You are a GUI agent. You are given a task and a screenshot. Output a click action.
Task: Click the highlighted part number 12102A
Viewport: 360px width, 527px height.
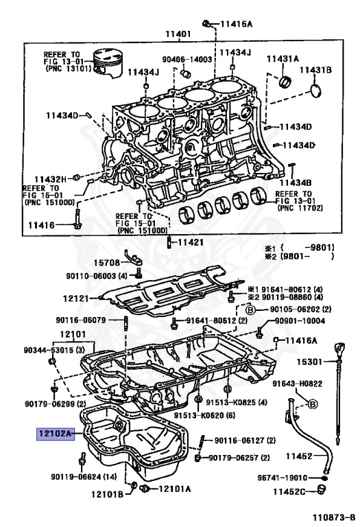tap(56, 434)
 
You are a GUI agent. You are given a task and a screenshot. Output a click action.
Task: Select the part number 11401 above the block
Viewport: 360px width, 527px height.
tap(178, 34)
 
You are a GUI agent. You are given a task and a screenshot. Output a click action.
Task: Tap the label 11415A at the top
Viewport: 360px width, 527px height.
tap(236, 25)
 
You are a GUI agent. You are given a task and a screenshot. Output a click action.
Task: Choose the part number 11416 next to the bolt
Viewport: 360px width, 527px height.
tap(43, 224)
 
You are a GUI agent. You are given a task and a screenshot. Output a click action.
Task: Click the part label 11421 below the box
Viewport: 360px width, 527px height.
tap(191, 242)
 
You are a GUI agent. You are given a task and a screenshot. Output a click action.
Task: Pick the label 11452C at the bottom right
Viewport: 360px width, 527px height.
tap(293, 491)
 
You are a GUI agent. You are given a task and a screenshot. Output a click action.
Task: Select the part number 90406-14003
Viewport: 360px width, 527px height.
tap(187, 60)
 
